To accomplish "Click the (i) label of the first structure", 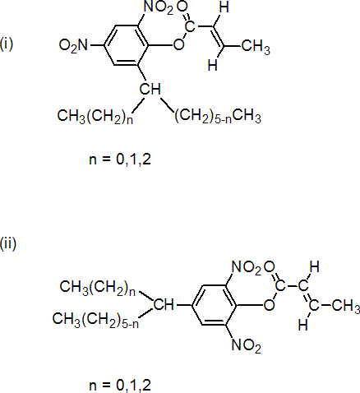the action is pyautogui.click(x=7, y=44).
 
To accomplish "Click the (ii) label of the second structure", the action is pyautogui.click(x=8, y=243).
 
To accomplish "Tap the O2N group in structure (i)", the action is pyautogui.click(x=73, y=45).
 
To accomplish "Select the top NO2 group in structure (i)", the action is pyautogui.click(x=159, y=7).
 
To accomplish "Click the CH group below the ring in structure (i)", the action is pyautogui.click(x=150, y=89).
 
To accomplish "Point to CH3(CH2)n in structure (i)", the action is pyautogui.click(x=95, y=116).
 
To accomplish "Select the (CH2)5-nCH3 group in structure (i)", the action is pyautogui.click(x=218, y=116).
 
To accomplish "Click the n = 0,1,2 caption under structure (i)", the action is pyautogui.click(x=120, y=160).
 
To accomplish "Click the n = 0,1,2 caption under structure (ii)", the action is pyautogui.click(x=120, y=385).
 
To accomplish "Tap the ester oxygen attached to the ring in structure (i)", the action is pyautogui.click(x=178, y=44).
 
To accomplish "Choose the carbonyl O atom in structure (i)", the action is pyautogui.click(x=182, y=7).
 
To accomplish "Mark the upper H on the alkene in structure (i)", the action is pyautogui.click(x=224, y=7).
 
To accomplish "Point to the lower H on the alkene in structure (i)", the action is pyautogui.click(x=213, y=65).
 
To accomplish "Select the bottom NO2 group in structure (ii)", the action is pyautogui.click(x=247, y=344).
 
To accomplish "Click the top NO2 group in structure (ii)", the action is pyautogui.click(x=247, y=267).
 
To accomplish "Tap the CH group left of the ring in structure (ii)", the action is pyautogui.click(x=164, y=305).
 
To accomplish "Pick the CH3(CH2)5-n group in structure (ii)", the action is pyautogui.click(x=95, y=320).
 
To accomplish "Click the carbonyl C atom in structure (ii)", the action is pyautogui.click(x=280, y=286).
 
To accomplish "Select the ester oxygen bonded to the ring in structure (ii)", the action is pyautogui.click(x=269, y=305).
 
